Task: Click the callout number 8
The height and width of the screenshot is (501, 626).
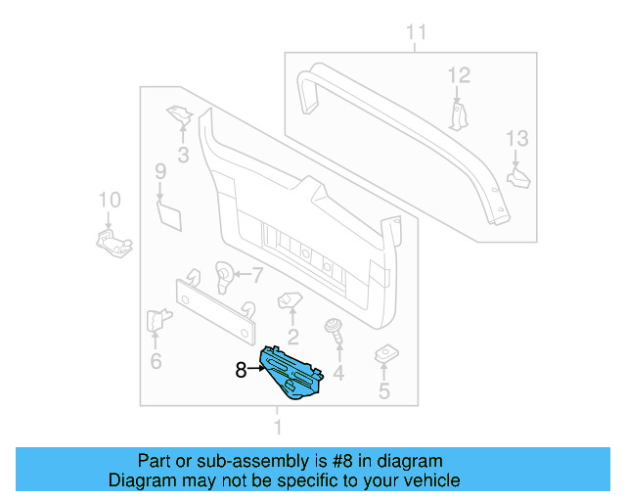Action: tap(242, 370)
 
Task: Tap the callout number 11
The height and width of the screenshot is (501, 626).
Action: tap(417, 34)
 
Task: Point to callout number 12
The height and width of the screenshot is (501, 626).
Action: tap(459, 75)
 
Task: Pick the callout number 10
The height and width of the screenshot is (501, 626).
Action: tap(110, 200)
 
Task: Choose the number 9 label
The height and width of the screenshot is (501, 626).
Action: tap(160, 173)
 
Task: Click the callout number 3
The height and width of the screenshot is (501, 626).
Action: tap(183, 154)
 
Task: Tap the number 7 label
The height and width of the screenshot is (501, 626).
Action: tap(258, 275)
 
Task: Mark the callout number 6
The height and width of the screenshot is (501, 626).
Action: tap(156, 362)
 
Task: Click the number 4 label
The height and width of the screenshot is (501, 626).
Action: tap(338, 373)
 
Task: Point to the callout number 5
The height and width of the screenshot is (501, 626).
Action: tap(383, 392)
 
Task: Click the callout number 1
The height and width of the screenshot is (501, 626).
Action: tap(277, 428)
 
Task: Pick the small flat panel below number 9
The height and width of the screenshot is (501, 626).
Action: tap(170, 213)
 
